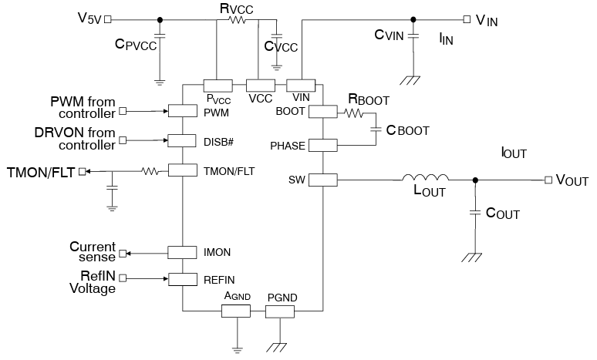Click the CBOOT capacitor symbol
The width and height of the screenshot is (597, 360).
[x=376, y=130]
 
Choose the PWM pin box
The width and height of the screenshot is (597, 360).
[x=183, y=112]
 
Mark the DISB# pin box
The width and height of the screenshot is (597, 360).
[x=183, y=140]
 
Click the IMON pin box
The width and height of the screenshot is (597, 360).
[x=183, y=252]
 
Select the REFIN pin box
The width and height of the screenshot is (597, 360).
[x=183, y=279]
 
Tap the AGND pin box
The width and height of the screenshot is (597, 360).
[x=236, y=311]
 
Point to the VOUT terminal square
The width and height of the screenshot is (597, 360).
[x=548, y=180]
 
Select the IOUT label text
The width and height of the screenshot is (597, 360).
[x=514, y=153]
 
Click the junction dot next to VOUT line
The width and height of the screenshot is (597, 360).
[x=475, y=180]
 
